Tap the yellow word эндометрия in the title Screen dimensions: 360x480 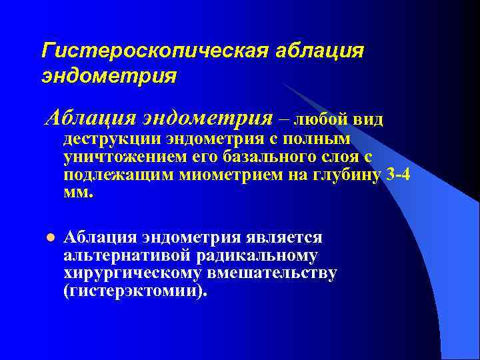tap(109, 75)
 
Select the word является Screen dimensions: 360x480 tap(289, 238)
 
